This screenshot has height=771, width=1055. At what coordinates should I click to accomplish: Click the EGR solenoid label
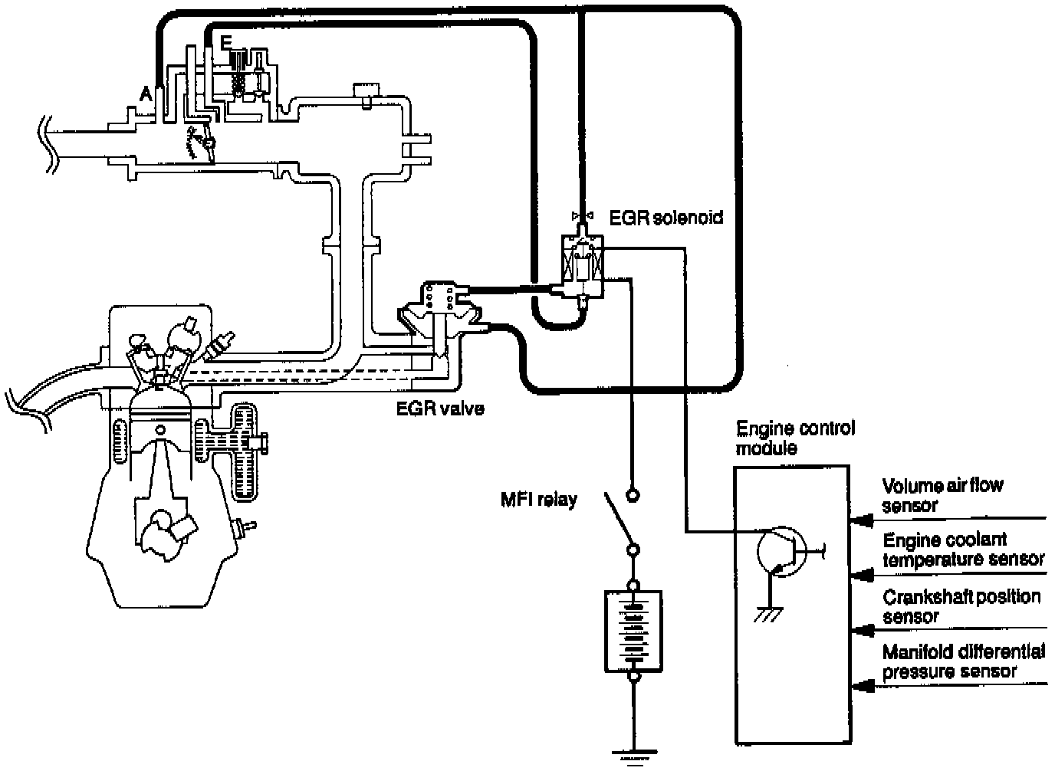click(x=666, y=218)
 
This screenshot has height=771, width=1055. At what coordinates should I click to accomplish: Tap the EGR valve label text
click(x=440, y=408)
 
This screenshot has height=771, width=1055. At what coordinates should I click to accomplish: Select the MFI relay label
click(x=539, y=500)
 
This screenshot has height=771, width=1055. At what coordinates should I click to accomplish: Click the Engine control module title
click(x=796, y=438)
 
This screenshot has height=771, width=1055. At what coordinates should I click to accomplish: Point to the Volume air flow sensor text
click(x=942, y=495)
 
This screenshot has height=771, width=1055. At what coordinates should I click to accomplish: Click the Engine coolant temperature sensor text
click(x=964, y=550)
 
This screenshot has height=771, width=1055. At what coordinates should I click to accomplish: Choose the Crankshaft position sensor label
click(x=961, y=606)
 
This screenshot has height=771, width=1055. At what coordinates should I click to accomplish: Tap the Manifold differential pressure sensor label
click(x=964, y=662)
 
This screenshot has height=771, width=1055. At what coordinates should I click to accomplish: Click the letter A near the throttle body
click(x=146, y=94)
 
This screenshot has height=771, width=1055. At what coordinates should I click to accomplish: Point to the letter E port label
click(x=226, y=42)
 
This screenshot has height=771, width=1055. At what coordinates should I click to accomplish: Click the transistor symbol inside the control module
click(x=782, y=551)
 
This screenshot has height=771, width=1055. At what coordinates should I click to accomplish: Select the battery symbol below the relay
click(x=633, y=631)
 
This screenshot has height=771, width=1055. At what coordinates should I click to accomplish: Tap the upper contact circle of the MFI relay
click(x=633, y=496)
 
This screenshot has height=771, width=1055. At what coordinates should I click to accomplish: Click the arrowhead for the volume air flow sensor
click(x=859, y=521)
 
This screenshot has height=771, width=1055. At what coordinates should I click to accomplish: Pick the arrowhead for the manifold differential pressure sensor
click(x=859, y=687)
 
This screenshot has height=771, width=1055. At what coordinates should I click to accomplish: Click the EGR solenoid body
click(x=582, y=265)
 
